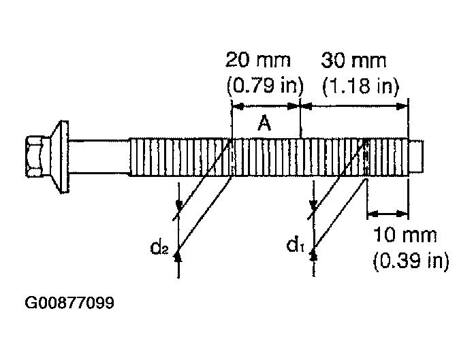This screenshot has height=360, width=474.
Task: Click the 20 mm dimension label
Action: [258, 60]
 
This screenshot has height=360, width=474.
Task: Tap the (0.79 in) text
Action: [265, 86]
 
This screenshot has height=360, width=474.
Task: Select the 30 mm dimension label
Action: [353, 61]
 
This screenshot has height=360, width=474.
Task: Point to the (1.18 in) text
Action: [361, 86]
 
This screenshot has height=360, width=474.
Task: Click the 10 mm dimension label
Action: [405, 235]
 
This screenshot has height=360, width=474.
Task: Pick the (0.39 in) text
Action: [411, 261]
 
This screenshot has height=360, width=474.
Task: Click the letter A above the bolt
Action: [264, 124]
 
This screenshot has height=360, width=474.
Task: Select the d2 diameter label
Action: [159, 247]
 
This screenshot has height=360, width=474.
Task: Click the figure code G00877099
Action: [69, 303]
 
